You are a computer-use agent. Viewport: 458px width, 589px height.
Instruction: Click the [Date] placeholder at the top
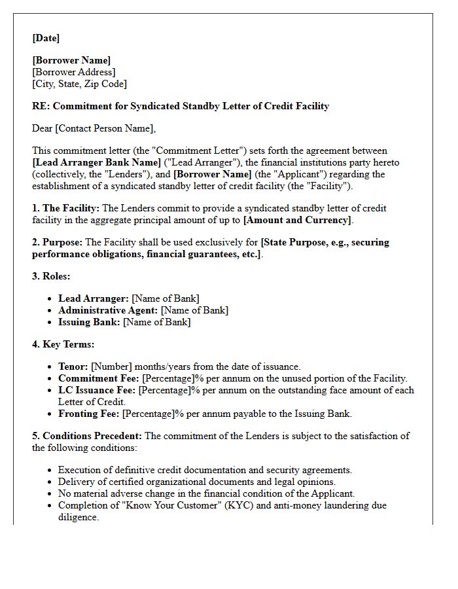point(46,38)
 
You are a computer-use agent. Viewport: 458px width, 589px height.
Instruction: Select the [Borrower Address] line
point(74,72)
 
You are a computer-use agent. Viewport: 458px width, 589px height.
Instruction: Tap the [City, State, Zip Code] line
point(79,84)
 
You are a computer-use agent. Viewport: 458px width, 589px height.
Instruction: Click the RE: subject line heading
point(181,106)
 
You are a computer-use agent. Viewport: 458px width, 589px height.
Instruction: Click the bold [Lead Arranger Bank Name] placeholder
point(96,162)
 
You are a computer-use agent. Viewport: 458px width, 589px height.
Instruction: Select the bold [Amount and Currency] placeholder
point(297,220)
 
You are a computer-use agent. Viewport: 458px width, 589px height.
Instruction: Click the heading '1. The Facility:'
point(65,208)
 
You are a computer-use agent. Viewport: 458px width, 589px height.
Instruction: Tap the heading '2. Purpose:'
point(58,242)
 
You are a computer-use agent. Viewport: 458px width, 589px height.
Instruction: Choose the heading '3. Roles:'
point(51,276)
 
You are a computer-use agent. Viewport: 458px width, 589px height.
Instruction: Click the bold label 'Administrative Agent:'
point(108,310)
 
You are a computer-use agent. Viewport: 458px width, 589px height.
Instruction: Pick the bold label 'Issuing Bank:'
point(89,322)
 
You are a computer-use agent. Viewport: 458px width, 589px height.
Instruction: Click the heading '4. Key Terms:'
point(63,344)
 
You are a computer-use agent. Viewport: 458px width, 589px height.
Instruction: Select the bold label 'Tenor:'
point(73,366)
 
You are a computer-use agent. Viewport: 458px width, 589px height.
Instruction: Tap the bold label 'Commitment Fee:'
point(99,378)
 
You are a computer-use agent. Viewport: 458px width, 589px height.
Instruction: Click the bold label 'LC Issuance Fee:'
point(97,390)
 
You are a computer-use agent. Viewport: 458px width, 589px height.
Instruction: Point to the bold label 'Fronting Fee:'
point(89,414)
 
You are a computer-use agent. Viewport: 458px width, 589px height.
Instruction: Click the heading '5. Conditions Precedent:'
point(87,436)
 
